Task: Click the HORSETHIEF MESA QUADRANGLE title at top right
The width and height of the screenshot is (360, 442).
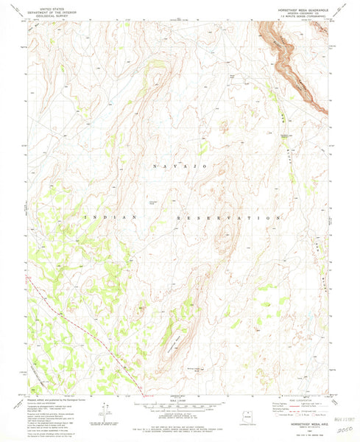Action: point(295,7)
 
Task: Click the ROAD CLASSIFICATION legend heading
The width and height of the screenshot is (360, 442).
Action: point(302,396)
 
